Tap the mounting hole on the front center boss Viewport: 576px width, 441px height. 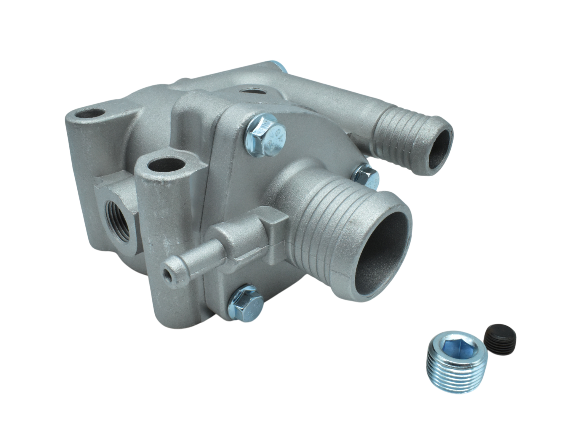(x=167, y=165)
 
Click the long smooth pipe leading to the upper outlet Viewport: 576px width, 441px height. (x=341, y=101)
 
